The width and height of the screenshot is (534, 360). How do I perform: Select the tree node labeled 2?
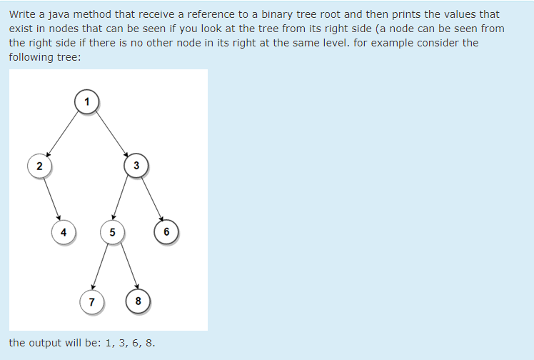click(39, 166)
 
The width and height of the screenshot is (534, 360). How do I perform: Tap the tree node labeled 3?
click(136, 166)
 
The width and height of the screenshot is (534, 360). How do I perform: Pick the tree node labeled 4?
click(64, 231)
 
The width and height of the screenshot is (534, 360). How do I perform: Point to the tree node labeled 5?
click(112, 231)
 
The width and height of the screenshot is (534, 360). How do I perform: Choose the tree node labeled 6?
click(166, 231)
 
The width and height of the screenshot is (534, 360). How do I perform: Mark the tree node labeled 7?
click(91, 301)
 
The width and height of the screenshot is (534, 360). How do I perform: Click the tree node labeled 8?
click(138, 301)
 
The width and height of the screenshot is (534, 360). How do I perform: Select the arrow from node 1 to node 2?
click(63, 134)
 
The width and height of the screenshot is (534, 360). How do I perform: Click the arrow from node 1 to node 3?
click(110, 133)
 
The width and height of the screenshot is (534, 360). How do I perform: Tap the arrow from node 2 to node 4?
click(51, 199)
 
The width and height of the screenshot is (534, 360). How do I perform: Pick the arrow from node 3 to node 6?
click(151, 198)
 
